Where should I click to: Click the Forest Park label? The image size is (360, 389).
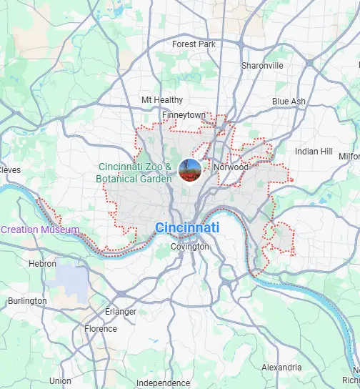[194, 44]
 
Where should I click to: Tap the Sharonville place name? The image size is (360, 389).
[262, 65]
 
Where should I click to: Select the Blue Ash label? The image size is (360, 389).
[289, 102]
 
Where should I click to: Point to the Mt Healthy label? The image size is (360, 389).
[162, 100]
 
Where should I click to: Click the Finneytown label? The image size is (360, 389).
[184, 114]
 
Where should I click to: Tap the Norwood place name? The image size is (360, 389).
[230, 168]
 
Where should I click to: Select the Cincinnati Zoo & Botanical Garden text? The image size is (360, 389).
[136, 173]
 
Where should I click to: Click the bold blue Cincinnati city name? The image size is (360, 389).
[187, 228]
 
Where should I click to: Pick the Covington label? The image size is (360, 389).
[190, 247]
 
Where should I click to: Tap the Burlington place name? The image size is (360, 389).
[28, 301]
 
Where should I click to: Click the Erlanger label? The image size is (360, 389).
[121, 312]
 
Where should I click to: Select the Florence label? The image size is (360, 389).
[101, 329]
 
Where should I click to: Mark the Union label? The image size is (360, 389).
[60, 381]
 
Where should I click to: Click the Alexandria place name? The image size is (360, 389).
[282, 367]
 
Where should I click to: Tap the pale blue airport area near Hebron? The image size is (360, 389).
[71, 279]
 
